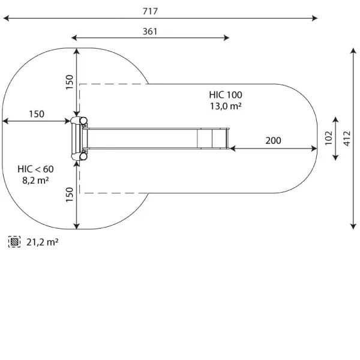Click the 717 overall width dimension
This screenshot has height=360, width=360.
(150, 11)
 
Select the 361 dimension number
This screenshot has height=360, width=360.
(150, 31)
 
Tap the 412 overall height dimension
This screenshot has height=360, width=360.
(347, 139)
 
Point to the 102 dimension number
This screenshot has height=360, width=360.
(329, 138)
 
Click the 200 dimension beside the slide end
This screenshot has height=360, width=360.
(273, 140)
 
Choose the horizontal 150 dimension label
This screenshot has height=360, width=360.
(37, 114)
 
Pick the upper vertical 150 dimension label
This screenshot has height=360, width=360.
(70, 82)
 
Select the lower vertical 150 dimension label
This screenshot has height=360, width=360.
(70, 194)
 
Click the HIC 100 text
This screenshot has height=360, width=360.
(226, 95)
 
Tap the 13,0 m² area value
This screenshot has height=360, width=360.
(226, 106)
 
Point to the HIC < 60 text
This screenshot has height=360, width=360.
(35, 169)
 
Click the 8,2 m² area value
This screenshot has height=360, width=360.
(35, 181)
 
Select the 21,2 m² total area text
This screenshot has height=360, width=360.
(42, 242)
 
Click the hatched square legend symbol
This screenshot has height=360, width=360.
(14, 242)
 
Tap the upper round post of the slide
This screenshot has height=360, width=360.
(83, 121)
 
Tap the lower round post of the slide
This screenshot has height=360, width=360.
(83, 157)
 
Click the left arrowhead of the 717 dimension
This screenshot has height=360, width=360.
(6, 18)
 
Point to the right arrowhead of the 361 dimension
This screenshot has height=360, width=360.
(226, 38)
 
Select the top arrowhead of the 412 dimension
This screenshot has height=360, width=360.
(353, 51)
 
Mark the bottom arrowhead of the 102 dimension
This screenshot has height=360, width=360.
(335, 157)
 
